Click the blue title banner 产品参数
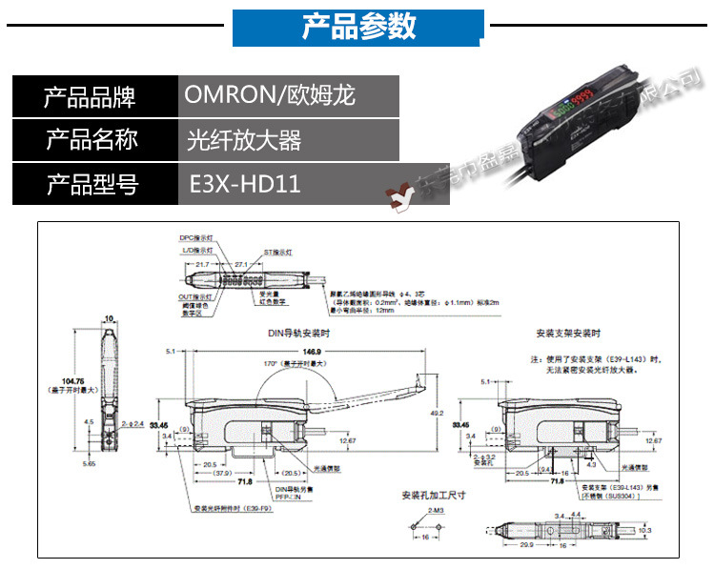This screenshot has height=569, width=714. point(358,27)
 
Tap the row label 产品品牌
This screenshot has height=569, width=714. point(92,96)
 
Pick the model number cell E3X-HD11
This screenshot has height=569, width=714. point(245,183)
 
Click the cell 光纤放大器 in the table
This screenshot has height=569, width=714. point(245,140)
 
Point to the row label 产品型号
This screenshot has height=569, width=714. point(92,183)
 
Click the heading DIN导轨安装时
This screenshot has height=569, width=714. point(299,334)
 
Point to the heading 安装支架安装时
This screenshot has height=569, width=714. point(569,334)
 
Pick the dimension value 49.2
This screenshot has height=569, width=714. point(437,413)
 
